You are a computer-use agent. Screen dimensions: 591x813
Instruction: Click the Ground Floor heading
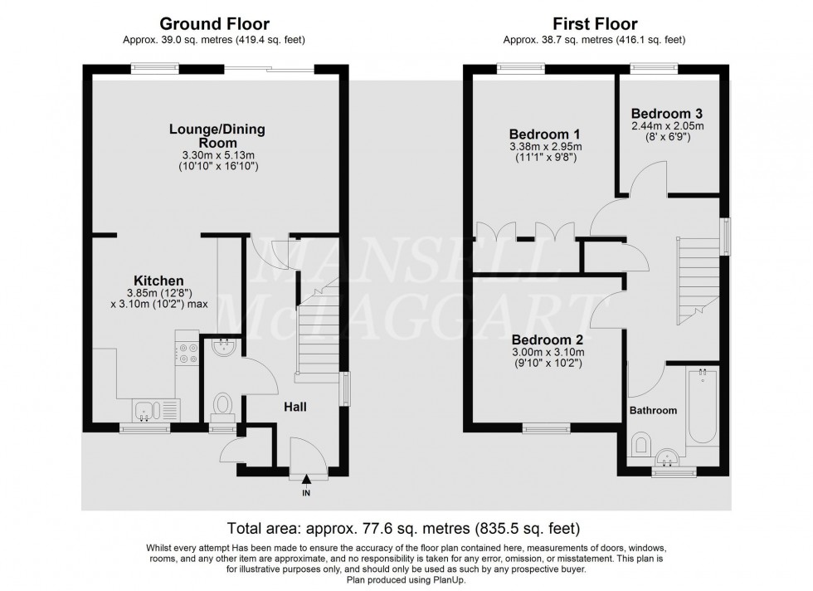214,24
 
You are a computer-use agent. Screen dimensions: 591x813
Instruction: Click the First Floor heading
594,24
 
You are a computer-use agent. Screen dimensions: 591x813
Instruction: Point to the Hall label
295,407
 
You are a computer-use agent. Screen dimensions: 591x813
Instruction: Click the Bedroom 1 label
543,134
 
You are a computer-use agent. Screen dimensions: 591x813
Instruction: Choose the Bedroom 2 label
547,339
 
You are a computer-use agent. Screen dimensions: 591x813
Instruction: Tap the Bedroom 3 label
667,113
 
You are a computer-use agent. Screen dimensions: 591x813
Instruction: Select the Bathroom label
652,410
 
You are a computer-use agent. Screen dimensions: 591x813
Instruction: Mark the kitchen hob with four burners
186,353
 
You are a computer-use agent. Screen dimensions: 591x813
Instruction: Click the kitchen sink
147,409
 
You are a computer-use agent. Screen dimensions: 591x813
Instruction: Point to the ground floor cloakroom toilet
222,405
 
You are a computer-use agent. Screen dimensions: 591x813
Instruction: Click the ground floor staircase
316,332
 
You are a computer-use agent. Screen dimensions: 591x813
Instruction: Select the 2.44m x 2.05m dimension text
667,126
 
